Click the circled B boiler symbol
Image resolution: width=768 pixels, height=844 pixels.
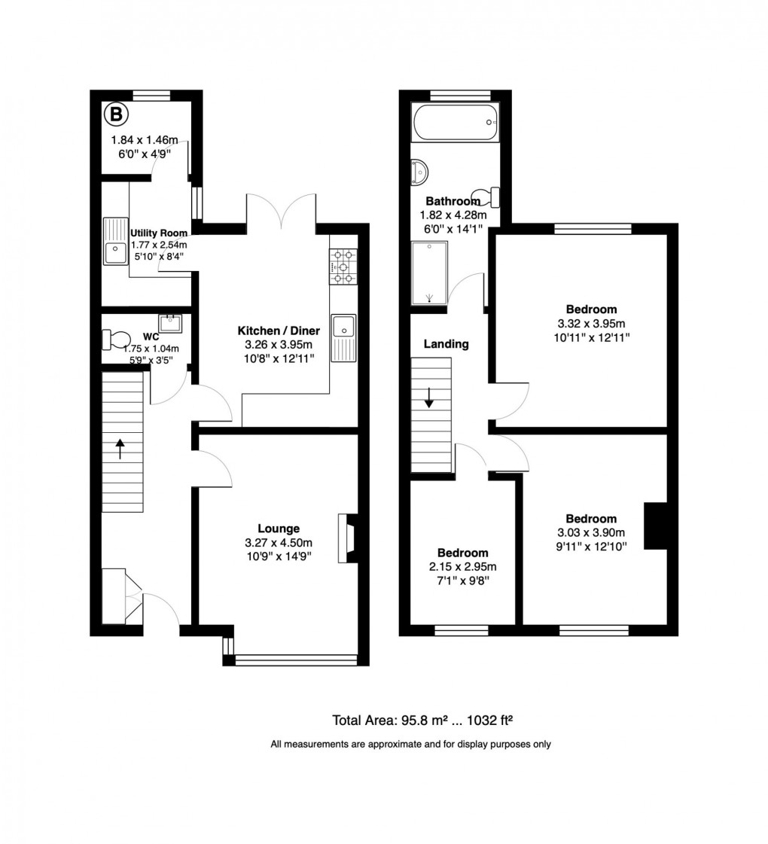tap(115, 115)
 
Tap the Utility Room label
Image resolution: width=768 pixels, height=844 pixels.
tap(158, 233)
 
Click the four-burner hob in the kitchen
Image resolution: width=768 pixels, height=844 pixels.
tap(343, 267)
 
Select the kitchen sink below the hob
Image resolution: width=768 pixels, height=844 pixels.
tap(343, 337)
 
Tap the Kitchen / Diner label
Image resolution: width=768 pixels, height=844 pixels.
tap(279, 331)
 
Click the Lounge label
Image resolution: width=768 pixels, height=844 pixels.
tap(279, 529)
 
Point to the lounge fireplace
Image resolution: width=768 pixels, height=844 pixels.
tap(347, 538)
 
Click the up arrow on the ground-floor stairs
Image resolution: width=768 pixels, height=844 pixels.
tap(120, 449)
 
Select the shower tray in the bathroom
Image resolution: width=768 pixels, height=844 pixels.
tap(429, 273)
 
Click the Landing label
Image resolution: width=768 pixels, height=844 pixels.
tap(446, 344)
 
